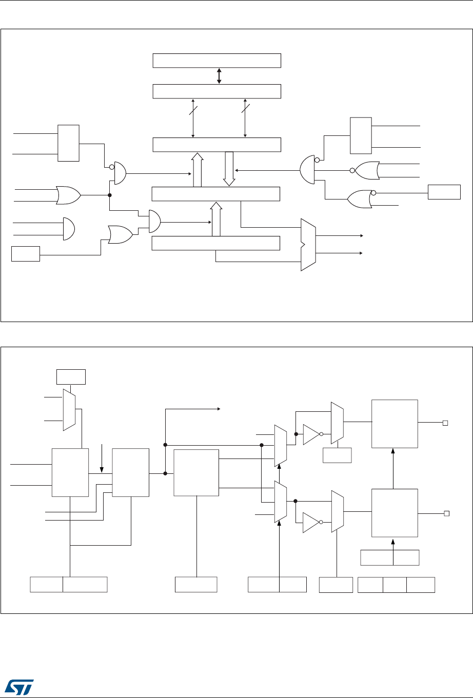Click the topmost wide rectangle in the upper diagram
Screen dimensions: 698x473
pos(217,60)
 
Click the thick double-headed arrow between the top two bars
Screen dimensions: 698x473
pos(219,76)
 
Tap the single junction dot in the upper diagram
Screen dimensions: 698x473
pos(110,195)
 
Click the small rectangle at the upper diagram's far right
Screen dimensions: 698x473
pos(445,192)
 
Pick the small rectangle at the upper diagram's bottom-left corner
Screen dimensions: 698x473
pos(26,254)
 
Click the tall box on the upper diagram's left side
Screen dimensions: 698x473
pos(68,143)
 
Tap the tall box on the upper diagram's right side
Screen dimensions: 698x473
pos(360,135)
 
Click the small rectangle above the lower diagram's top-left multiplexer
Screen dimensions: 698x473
pos(71,377)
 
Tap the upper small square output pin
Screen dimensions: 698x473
pos(446,423)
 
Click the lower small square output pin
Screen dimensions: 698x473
pos(446,513)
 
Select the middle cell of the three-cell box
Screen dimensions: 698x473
pos(395,585)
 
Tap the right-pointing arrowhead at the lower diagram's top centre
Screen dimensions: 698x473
pos(219,409)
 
